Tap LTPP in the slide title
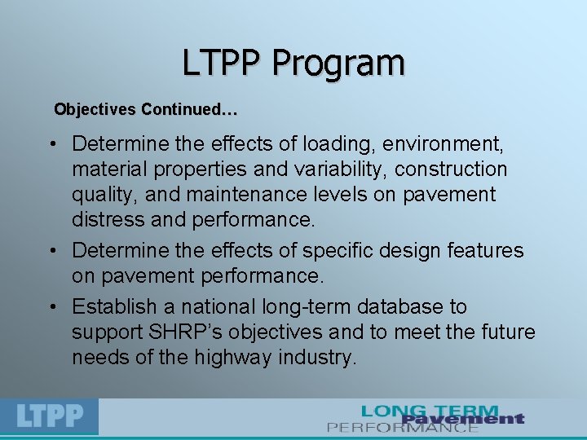[223, 64]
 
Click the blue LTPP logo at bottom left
[50, 416]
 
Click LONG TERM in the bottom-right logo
[430, 411]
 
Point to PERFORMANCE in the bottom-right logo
[403, 426]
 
